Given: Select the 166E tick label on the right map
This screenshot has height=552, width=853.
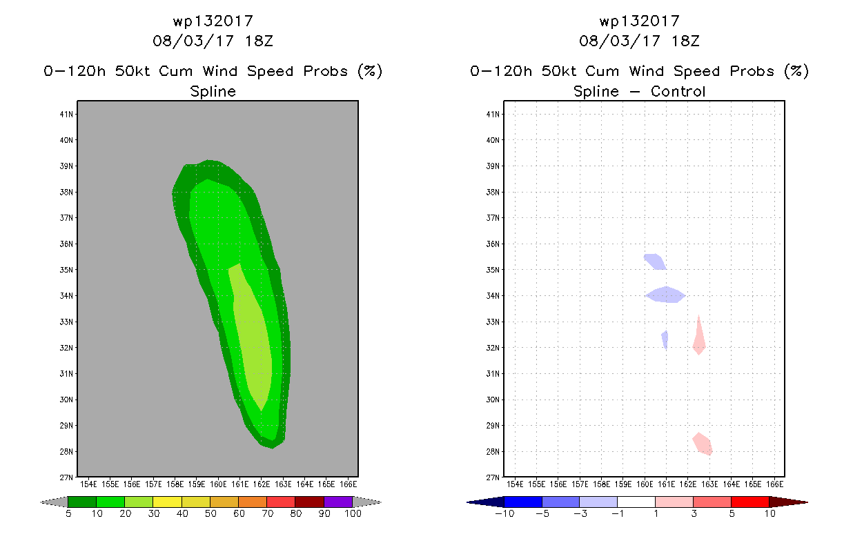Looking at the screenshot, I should (774, 484).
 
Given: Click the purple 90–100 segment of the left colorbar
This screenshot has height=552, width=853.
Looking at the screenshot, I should (338, 502).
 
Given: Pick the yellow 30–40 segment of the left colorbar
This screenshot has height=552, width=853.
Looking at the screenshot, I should (167, 502).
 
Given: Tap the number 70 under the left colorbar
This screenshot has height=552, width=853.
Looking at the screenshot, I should (267, 513).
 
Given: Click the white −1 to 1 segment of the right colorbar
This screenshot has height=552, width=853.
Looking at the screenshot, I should (636, 502).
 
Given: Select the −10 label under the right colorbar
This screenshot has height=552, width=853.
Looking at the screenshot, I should (504, 513).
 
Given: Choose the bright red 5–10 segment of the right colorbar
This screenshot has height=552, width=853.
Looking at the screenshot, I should (749, 502).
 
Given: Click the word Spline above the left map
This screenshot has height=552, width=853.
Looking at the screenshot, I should (213, 91).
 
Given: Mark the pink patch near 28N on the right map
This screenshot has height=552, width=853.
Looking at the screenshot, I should (703, 444).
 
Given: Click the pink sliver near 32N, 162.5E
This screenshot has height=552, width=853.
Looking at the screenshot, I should (699, 339).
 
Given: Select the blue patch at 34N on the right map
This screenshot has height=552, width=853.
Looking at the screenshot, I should (665, 295).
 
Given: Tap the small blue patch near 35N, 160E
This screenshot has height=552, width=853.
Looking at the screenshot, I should (654, 261).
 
